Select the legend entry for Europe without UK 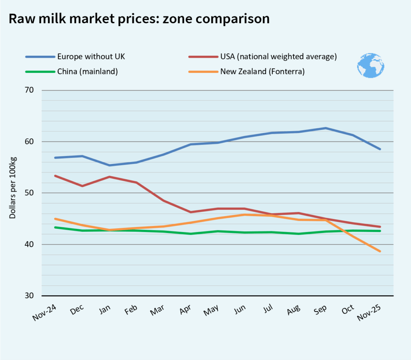(91, 56)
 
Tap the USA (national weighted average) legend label (278, 57)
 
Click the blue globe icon (370, 65)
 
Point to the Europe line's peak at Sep (326, 128)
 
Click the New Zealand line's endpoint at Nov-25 (380, 251)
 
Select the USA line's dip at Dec (82, 186)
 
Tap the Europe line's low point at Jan (110, 165)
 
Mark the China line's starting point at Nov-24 (55, 227)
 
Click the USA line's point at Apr (190, 212)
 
